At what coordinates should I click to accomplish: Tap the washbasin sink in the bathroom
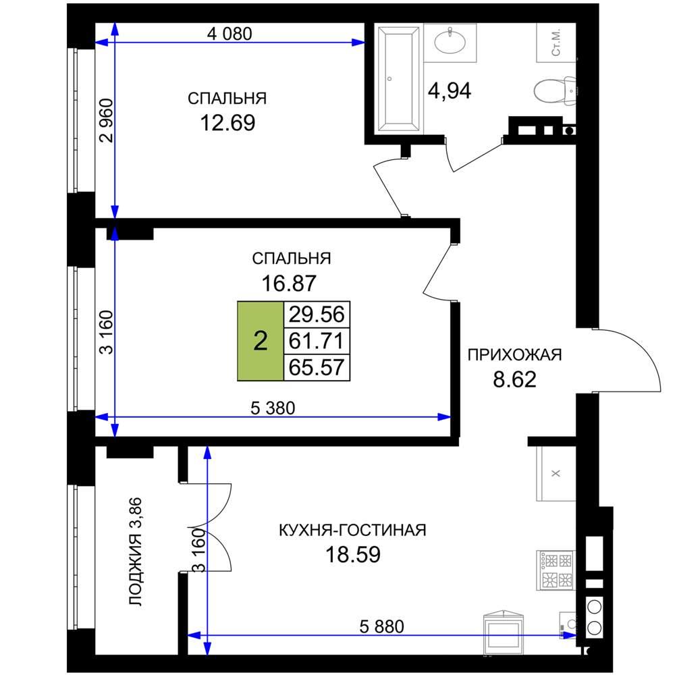pyautogui.click(x=450, y=42)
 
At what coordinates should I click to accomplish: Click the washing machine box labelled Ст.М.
pyautogui.click(x=556, y=43)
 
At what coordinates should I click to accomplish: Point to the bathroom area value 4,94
pyautogui.click(x=450, y=91)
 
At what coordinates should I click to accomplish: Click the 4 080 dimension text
pyautogui.click(x=230, y=34)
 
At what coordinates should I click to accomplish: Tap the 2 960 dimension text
pyautogui.click(x=106, y=121)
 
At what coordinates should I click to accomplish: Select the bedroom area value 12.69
pyautogui.click(x=227, y=123)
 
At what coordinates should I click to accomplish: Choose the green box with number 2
pyautogui.click(x=261, y=342)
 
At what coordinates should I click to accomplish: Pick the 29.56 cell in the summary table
pyautogui.click(x=317, y=315)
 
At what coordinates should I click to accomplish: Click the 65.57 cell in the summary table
pyautogui.click(x=317, y=368)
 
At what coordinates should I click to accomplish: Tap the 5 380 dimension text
pyautogui.click(x=273, y=408)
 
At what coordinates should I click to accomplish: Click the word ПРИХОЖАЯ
pyautogui.click(x=515, y=355)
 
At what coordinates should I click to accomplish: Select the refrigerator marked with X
pyautogui.click(x=556, y=474)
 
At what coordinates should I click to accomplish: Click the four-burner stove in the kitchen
pyautogui.click(x=556, y=570)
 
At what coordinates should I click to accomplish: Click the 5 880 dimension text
pyautogui.click(x=382, y=626)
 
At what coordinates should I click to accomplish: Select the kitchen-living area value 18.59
pyautogui.click(x=353, y=554)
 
